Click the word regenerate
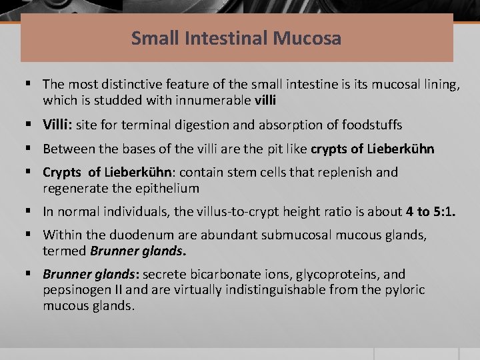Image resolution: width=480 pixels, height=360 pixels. (73, 189)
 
